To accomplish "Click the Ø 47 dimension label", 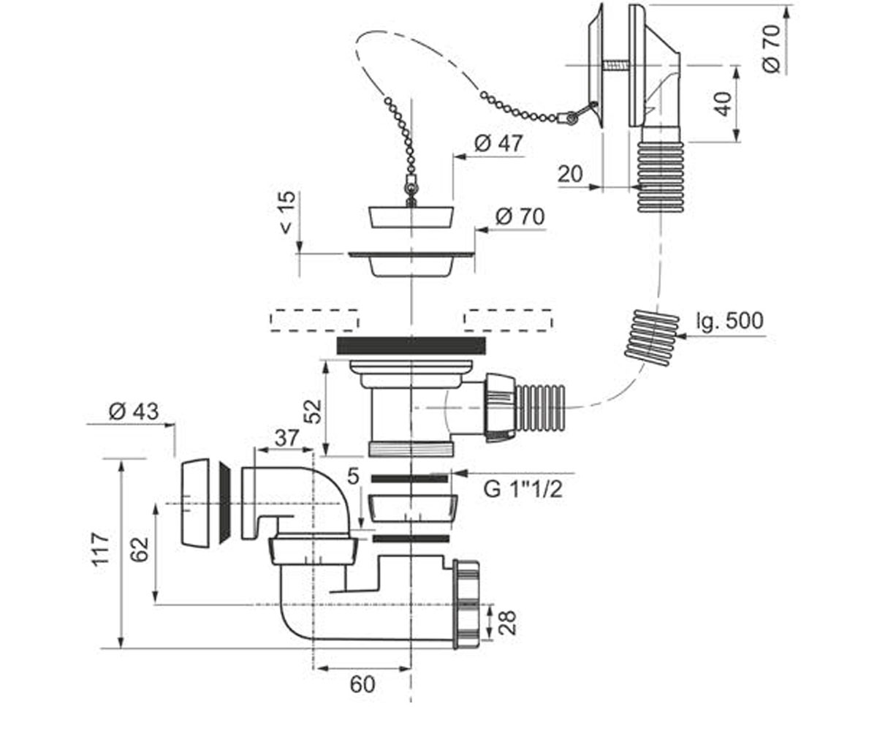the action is pyautogui.click(x=498, y=144).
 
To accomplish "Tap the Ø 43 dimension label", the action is pyautogui.click(x=134, y=412).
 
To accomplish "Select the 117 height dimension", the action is pyautogui.click(x=102, y=550).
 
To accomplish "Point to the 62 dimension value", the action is pyautogui.click(x=139, y=549).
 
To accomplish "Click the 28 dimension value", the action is pyautogui.click(x=507, y=623).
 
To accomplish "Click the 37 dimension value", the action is pyautogui.click(x=287, y=438).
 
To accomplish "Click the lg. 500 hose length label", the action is pyautogui.click(x=729, y=321).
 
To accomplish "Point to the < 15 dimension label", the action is pyautogui.click(x=288, y=212).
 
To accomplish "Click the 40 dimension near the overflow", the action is pyautogui.click(x=723, y=103).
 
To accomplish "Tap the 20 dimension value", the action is pyautogui.click(x=570, y=174).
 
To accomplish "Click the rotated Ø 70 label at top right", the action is pyautogui.click(x=772, y=49).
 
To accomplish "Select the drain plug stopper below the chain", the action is pyautogui.click(x=411, y=217).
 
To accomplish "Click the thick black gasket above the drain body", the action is pyautogui.click(x=411, y=345).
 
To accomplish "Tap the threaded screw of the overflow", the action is pyautogui.click(x=616, y=66).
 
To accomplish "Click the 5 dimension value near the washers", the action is pyautogui.click(x=353, y=477).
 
